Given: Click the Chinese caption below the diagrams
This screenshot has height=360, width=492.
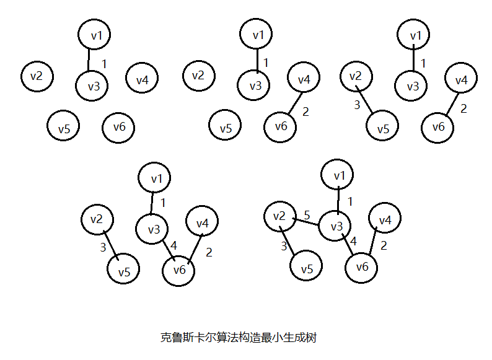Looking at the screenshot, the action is click(x=239, y=338).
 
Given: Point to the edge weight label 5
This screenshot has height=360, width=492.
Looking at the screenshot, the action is click(x=306, y=215).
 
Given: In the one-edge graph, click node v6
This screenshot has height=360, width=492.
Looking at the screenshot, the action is click(x=118, y=127).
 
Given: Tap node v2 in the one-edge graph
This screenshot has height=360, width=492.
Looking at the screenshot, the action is click(x=37, y=76).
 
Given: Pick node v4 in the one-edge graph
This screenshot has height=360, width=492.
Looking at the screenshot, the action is click(x=142, y=79).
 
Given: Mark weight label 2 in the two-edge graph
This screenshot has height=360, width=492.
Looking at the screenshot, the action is click(x=305, y=112).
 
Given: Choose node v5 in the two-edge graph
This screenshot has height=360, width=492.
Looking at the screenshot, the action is click(x=225, y=128).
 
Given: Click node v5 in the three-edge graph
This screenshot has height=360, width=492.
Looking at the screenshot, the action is click(x=383, y=129).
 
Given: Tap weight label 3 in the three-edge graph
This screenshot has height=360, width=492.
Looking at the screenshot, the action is click(x=357, y=105).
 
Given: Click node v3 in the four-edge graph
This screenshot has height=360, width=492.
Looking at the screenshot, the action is click(x=153, y=229).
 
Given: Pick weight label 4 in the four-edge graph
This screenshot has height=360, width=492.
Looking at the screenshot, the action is click(x=173, y=245).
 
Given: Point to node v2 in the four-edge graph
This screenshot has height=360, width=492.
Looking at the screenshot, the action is click(x=97, y=219).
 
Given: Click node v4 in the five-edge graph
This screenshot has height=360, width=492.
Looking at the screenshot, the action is click(x=385, y=220).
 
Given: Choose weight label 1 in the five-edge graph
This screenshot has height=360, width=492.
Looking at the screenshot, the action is click(x=349, y=201).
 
